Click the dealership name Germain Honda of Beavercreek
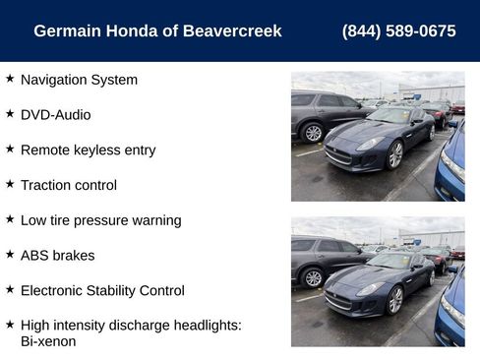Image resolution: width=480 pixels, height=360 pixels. click(x=157, y=31)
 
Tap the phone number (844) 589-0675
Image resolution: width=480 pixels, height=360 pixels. click(x=398, y=31)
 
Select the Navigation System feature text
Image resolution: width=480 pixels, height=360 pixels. click(x=79, y=80)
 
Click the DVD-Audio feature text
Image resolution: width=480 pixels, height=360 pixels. click(x=55, y=115)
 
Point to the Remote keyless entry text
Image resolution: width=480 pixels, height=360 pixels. click(x=88, y=150)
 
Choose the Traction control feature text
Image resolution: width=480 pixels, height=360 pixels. click(x=69, y=185)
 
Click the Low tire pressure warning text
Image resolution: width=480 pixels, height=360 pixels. click(x=100, y=220)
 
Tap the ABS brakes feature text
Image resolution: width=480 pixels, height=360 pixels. click(x=57, y=256)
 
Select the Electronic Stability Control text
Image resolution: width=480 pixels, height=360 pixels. click(x=102, y=290)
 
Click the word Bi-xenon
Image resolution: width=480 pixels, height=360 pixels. click(x=48, y=341)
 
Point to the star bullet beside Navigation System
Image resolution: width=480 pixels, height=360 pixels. click(x=10, y=79)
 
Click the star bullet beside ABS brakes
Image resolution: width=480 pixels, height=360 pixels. click(x=10, y=255)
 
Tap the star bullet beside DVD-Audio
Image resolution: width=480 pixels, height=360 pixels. click(x=10, y=114)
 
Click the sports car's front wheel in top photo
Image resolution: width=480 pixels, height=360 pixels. click(x=395, y=154)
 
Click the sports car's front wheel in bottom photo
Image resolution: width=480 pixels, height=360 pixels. click(x=395, y=299)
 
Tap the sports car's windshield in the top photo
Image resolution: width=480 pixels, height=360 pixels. click(x=390, y=117)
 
